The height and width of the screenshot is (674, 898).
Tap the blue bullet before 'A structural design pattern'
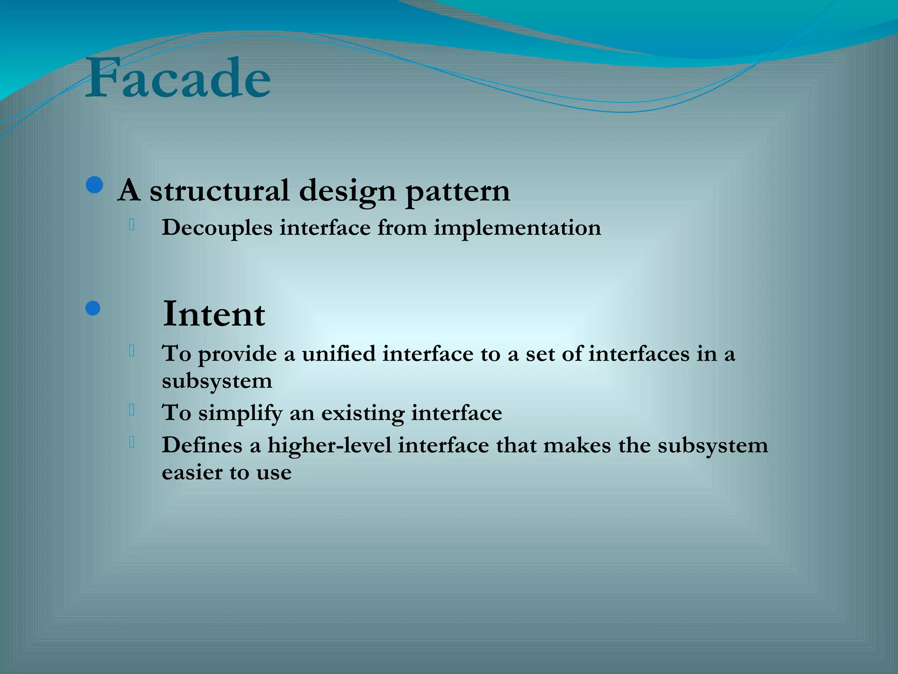(94, 185)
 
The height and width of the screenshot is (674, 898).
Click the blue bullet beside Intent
(93, 308)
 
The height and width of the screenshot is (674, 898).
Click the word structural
(219, 191)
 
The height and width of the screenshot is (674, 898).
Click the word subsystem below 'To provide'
(217, 381)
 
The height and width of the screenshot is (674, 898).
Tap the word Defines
(202, 445)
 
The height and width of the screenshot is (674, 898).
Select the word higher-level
(329, 445)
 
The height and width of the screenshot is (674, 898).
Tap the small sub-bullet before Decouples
(132, 225)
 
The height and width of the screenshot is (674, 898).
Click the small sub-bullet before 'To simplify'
(132, 410)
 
